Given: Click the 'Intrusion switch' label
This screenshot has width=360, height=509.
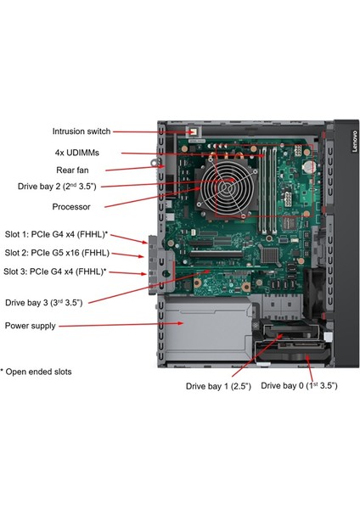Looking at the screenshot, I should [82, 131].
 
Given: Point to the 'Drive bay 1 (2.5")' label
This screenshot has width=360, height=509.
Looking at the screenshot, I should [218, 387].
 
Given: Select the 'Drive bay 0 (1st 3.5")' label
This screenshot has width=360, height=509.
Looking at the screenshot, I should [299, 386].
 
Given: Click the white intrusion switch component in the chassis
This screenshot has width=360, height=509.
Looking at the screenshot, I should [194, 131].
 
